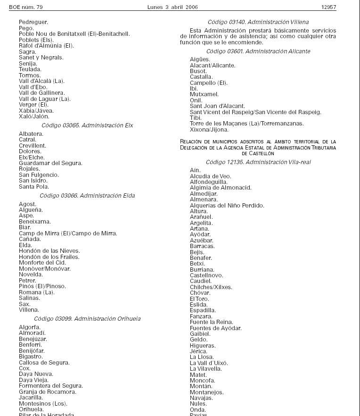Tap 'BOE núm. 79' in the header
(x=26, y=8)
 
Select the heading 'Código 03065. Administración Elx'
(x=87, y=125)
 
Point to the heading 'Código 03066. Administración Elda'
(x=87, y=195)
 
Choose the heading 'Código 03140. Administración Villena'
(x=258, y=22)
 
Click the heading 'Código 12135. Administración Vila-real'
(x=258, y=162)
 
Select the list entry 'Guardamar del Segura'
(x=50, y=163)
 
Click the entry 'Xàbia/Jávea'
(x=36, y=110)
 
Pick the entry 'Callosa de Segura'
(x=44, y=363)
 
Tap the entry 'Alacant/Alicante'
(x=213, y=66)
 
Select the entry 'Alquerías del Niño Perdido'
(x=227, y=206)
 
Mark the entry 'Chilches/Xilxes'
(x=211, y=287)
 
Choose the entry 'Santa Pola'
(x=34, y=187)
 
